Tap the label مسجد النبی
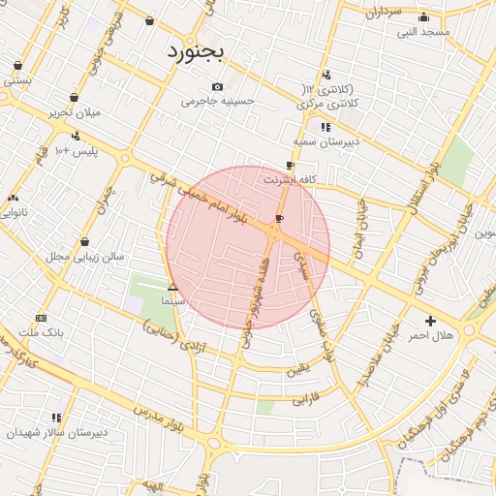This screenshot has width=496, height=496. pyautogui.click(x=423, y=32)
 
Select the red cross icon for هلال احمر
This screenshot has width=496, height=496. pyautogui.click(x=430, y=321)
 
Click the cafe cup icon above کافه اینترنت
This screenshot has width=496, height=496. pyautogui.click(x=290, y=166)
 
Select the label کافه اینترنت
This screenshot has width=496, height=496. pyautogui.click(x=290, y=179)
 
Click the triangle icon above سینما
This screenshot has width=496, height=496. pyautogui.click(x=172, y=287)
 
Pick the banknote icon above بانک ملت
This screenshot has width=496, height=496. pyautogui.click(x=41, y=318)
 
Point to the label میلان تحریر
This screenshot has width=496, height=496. pyautogui.click(x=75, y=111)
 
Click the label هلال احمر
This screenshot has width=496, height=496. pyautogui.click(x=431, y=334)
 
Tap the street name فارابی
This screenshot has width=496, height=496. pyautogui.click(x=305, y=397)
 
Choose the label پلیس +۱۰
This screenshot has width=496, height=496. pyautogui.click(x=76, y=151)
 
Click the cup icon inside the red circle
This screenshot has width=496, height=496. pyautogui.click(x=280, y=219)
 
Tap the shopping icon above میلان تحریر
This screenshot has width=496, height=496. pyautogui.click(x=75, y=97)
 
